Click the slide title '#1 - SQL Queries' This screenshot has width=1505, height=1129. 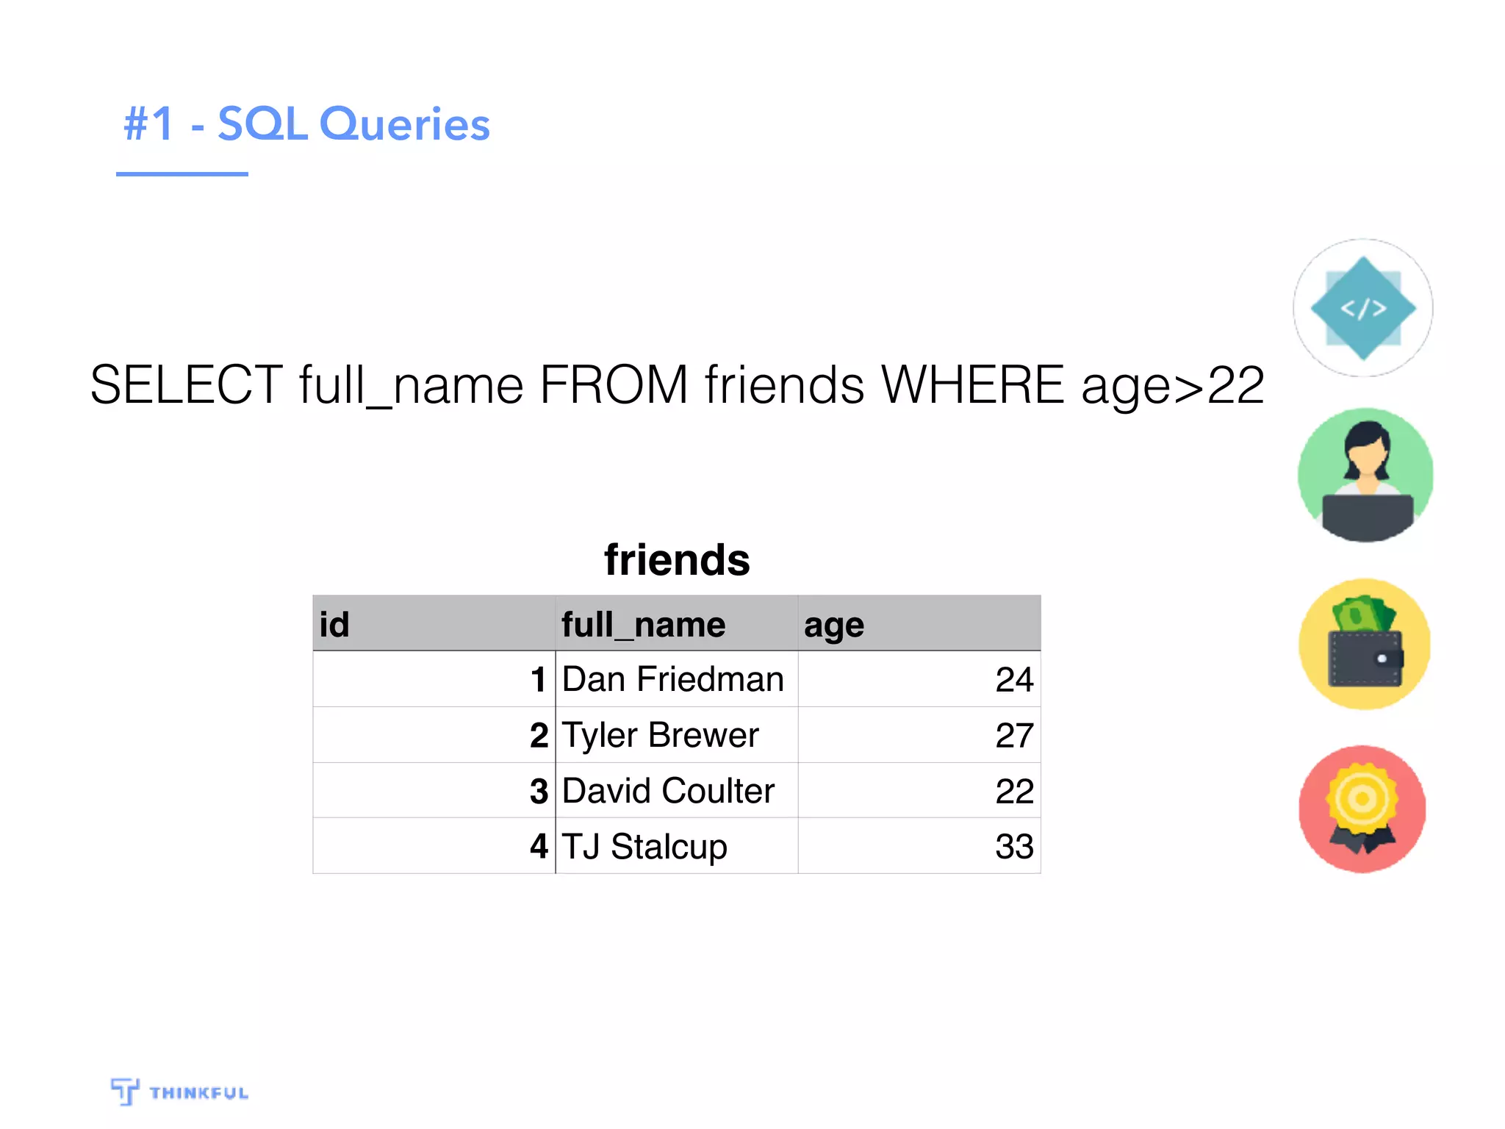pos(306,123)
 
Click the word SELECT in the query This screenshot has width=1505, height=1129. pos(186,384)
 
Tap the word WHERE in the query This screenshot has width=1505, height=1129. pos(972,384)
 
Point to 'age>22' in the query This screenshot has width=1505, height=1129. pos(1173,386)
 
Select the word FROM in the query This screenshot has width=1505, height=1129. pos(614,384)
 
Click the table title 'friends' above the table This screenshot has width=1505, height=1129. pos(677,560)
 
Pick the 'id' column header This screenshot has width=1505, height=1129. pos(334,625)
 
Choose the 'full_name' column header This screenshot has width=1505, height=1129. pos(643,625)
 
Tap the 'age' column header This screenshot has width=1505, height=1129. pos(834,626)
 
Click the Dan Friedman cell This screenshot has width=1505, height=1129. pos(672,679)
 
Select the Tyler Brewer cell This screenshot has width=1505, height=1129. pos(660,735)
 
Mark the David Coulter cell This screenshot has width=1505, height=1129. pos(668,791)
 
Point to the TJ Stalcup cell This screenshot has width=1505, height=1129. pos(644,846)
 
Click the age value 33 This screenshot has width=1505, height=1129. pos(1014,846)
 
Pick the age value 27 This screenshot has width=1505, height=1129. pos(1014,735)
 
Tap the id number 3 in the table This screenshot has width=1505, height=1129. pos(539,791)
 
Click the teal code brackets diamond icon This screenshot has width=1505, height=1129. pos(1363,308)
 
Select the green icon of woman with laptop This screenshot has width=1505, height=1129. pos(1365,476)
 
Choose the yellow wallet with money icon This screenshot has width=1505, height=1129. pos(1365,644)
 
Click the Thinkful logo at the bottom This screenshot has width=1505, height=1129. pos(180,1092)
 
